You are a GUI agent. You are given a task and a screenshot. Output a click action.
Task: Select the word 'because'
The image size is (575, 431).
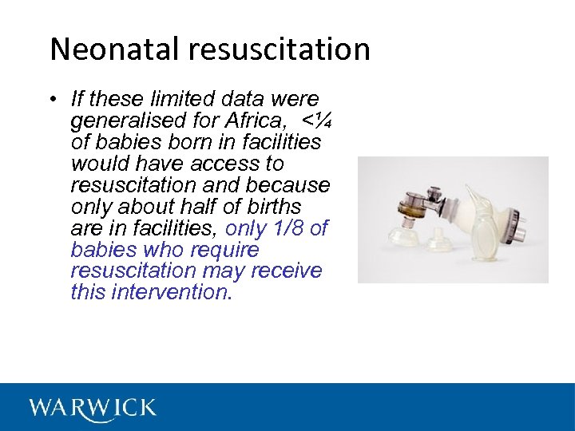tap(291, 185)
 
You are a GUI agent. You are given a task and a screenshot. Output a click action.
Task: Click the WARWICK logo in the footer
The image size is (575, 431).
tap(93, 408)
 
